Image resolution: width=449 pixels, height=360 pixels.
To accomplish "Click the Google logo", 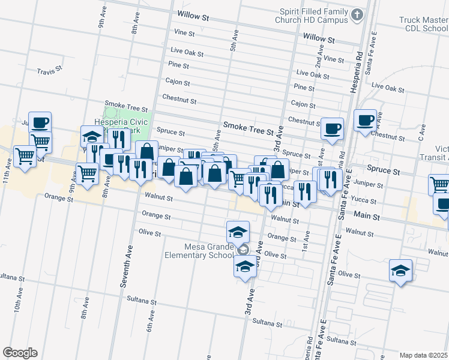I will coord(20,352).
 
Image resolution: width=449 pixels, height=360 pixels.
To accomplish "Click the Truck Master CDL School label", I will coord(423,24).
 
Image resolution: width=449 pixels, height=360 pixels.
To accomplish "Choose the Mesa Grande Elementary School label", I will coord(200,250).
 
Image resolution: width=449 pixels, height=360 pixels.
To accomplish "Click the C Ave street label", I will coord(423,131).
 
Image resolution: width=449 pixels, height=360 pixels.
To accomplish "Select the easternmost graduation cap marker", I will coord(400,271).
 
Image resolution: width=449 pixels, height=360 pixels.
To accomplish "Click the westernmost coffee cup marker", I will coord(40,123).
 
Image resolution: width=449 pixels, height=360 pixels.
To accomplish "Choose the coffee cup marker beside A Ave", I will coord(365,120).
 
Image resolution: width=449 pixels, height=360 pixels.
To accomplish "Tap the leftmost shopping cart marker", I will coord(25,156).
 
